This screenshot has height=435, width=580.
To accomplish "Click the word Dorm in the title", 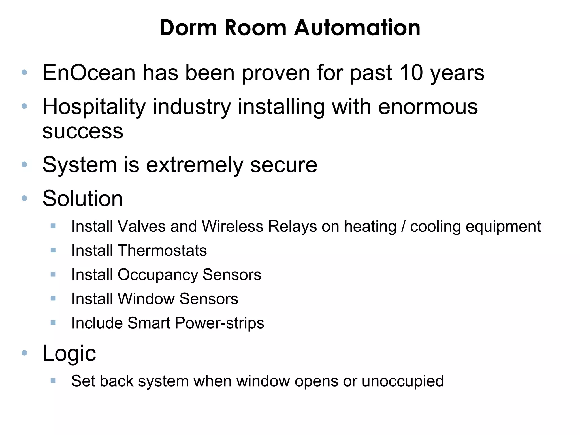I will (x=188, y=28).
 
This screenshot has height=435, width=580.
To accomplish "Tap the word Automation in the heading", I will (x=357, y=28).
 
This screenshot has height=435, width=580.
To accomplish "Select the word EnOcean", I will (x=89, y=73).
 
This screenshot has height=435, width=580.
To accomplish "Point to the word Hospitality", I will (x=94, y=107).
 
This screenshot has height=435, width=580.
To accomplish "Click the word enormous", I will (x=428, y=107).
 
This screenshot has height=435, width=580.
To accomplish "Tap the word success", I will (x=83, y=131).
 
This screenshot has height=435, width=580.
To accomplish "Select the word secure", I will (x=283, y=165).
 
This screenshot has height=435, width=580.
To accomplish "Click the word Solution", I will (x=83, y=199).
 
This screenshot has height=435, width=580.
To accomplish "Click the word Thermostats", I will (x=162, y=251).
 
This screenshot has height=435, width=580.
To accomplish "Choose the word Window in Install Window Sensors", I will (x=146, y=299).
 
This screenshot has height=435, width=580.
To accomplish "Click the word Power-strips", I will (x=219, y=323).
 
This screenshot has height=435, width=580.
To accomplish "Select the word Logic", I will (x=69, y=353).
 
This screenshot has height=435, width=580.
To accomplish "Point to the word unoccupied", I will (x=402, y=381).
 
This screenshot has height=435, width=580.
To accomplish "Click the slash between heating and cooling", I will (x=403, y=227).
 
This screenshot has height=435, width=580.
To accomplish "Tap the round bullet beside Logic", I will (x=24, y=353).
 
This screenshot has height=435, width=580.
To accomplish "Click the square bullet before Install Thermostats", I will (x=53, y=250).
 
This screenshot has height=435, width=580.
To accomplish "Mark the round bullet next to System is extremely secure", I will (x=24, y=164).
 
